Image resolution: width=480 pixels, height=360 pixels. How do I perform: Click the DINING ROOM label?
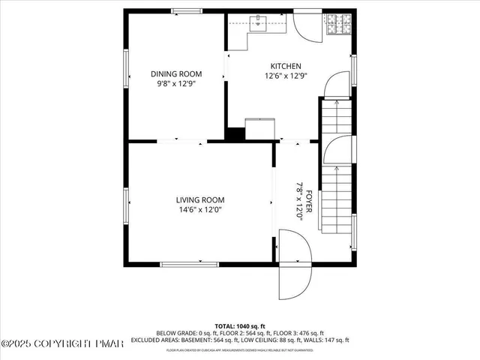[x=176, y=73]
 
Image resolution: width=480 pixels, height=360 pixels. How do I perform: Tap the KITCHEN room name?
[x=286, y=66]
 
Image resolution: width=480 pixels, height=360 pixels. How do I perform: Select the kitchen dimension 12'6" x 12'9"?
[x=286, y=76]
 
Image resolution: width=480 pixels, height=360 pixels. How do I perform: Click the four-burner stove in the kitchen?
[x=336, y=27]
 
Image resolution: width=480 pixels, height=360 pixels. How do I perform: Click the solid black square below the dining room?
[x=235, y=134]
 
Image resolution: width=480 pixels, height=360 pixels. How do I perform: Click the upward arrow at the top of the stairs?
[x=335, y=105]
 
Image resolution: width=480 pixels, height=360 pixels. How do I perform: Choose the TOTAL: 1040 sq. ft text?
[x=239, y=326]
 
